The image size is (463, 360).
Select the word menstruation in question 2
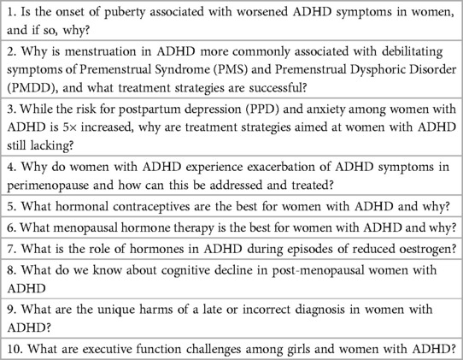pos(75,53)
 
